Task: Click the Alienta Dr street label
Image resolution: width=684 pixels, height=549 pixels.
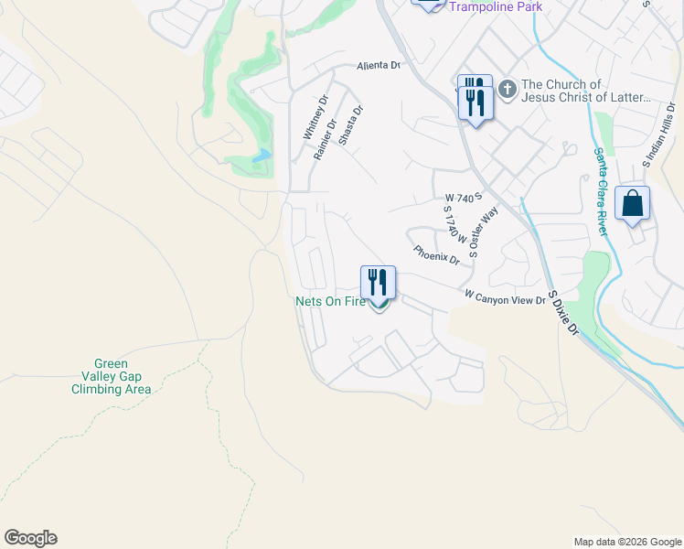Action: [x=378, y=66]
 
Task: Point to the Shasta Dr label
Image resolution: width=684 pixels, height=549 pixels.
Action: [x=351, y=127]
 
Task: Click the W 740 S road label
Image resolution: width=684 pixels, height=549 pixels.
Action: [x=463, y=198]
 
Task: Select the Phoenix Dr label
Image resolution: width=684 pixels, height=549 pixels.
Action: [x=435, y=253]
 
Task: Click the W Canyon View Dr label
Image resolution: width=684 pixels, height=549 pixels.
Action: [x=505, y=296]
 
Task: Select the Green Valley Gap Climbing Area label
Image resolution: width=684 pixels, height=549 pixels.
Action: [x=112, y=376]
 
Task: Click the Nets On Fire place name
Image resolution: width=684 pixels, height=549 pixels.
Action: [x=330, y=300]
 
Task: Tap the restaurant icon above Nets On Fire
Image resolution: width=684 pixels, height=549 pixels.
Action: [x=378, y=281]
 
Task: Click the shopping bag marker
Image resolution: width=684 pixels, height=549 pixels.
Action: [x=633, y=203]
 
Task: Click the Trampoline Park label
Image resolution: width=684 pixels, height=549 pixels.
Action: [x=495, y=7]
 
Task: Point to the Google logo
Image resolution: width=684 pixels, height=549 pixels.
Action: [x=30, y=538]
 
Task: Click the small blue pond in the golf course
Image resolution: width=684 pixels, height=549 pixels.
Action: [x=262, y=156]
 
